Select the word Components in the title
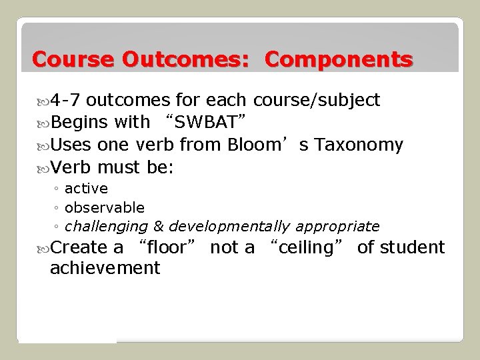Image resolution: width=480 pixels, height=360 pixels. (x=338, y=60)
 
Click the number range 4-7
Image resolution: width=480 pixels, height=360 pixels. (x=66, y=101)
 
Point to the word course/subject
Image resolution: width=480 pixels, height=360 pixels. (x=317, y=101)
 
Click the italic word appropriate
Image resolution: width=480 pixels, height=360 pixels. (x=342, y=227)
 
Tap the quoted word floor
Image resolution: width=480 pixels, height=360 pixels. (x=168, y=248)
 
